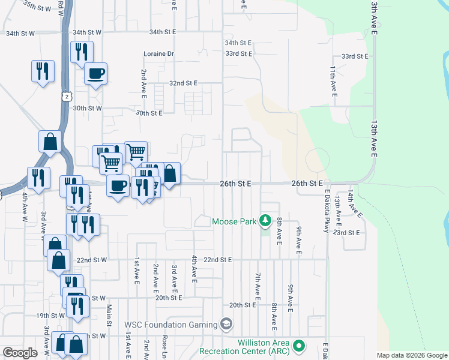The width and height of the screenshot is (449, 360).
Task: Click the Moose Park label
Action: pos(235,221)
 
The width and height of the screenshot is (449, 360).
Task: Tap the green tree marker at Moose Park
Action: pos(265,221)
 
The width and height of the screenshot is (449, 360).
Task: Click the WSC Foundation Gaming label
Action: pos(170,325)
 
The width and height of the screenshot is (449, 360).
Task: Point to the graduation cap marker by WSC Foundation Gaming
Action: pos(226,325)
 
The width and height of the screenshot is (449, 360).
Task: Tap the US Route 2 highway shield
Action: pos(67,95)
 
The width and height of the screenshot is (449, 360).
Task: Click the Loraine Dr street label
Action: pos(158,54)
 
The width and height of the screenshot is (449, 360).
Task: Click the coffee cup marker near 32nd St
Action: pos(96,74)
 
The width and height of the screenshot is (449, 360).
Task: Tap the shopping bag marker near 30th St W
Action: pos(50,142)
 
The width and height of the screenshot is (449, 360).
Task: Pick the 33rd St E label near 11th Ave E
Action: pos(354,56)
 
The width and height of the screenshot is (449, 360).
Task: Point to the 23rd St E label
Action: pos(346,232)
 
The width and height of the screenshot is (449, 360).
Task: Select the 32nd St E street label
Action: pos(183,83)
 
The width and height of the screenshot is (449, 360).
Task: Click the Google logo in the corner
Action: pos(20,353)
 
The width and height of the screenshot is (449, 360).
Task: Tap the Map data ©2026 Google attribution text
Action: pos(412,355)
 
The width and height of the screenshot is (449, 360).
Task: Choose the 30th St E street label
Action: pos(149,113)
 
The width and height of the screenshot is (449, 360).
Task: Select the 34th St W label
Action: pos(20,34)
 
